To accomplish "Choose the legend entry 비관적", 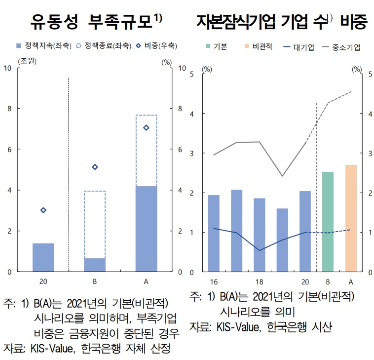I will (x=262, y=47).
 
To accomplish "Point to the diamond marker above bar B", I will (x=95, y=167).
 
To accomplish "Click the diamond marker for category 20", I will (x=43, y=210).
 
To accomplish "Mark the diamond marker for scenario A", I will (x=146, y=127).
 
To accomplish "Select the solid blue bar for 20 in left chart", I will (x=43, y=257).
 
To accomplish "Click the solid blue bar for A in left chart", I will (x=146, y=229).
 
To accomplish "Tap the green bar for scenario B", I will (x=328, y=222).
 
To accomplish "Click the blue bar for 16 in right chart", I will (x=214, y=233).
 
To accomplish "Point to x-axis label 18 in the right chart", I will (x=260, y=282).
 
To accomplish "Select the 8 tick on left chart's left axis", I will (x=10, y=109).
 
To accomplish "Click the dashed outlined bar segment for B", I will (x=95, y=225).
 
